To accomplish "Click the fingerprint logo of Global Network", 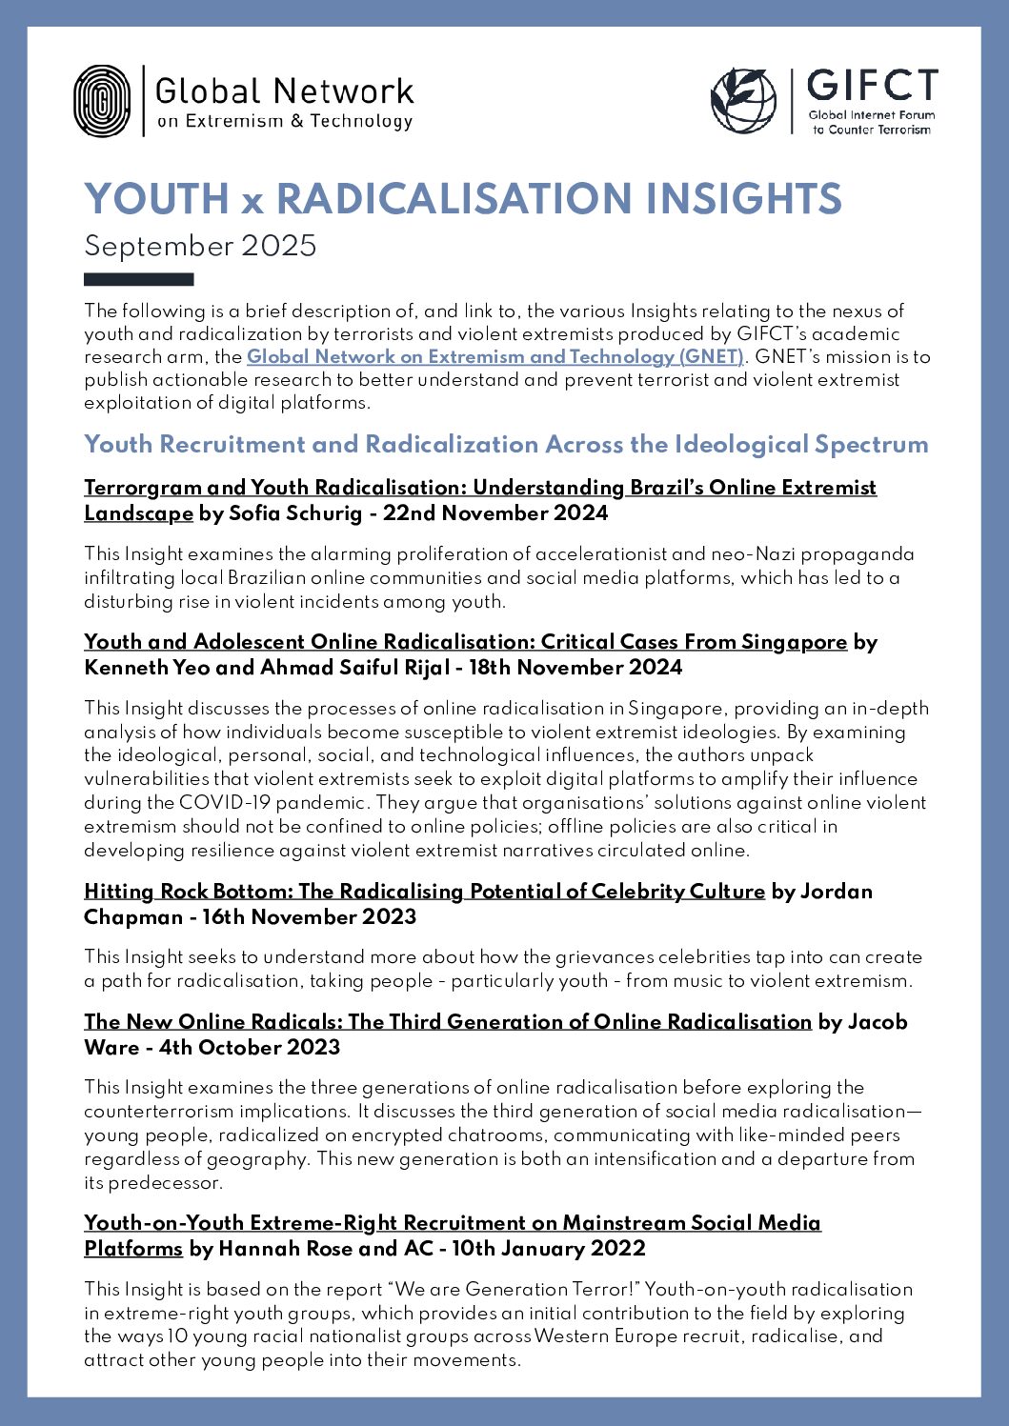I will click(x=102, y=101).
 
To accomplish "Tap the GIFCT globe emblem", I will click(x=744, y=100).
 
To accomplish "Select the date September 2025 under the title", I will click(x=200, y=246).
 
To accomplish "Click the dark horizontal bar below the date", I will click(x=138, y=280).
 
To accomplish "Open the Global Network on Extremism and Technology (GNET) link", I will click(x=494, y=357).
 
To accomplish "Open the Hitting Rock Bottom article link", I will click(x=424, y=892).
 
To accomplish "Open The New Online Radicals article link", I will click(x=448, y=1022).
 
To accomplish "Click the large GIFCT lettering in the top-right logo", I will click(x=872, y=87).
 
